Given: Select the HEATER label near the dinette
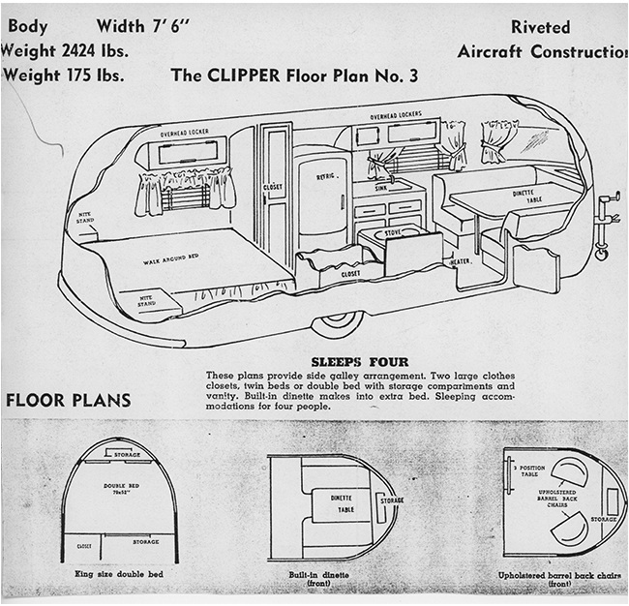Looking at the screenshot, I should click(x=459, y=262).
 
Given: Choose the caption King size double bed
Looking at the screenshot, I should click(x=119, y=575).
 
